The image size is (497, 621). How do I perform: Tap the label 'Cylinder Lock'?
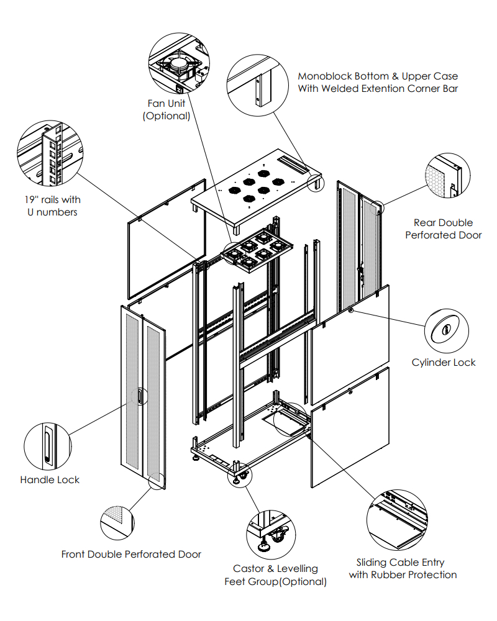[x=444, y=363]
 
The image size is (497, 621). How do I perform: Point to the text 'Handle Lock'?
[x=50, y=480]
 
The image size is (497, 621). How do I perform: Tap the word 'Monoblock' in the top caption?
[x=324, y=76]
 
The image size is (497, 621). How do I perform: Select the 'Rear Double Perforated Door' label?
[x=444, y=229]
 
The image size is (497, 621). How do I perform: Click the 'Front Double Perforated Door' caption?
[x=131, y=554]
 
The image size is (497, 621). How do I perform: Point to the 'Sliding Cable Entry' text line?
[x=400, y=563]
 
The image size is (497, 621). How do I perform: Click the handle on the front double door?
[x=140, y=397]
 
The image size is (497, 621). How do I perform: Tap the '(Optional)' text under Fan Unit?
[x=166, y=116]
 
